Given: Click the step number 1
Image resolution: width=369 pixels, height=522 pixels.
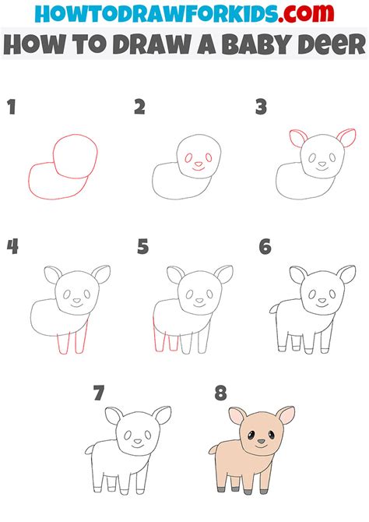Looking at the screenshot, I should (11, 108).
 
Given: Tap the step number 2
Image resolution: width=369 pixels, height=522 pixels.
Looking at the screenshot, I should (139, 108).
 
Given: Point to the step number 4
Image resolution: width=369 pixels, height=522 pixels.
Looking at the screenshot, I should (12, 247).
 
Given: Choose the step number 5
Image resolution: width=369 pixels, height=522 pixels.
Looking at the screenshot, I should (142, 247).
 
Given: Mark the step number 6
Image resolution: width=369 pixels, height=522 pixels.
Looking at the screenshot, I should (265, 247).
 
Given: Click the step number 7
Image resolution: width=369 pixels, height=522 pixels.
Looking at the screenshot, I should (98, 393).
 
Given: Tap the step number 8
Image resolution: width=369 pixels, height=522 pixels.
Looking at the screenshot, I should (220, 393).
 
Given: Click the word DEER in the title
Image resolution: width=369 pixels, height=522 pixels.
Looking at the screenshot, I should (325, 44).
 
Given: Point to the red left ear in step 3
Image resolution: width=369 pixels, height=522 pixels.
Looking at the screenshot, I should (297, 139).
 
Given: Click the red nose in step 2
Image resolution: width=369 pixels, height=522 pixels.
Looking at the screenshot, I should (199, 164).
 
